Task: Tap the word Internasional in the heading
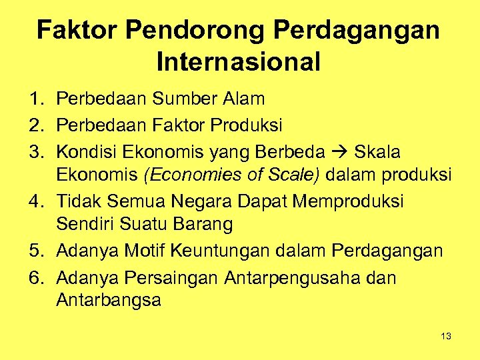pyautogui.click(x=239, y=62)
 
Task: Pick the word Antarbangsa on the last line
pyautogui.click(x=109, y=300)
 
